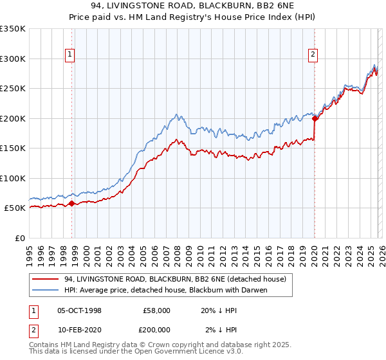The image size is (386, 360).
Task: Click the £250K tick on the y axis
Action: [13, 88]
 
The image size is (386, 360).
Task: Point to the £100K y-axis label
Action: [13, 178]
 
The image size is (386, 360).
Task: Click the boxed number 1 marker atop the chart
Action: [69, 55]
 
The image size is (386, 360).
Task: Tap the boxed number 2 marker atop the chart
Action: [313, 55]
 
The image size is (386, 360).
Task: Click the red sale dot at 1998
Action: [71, 204]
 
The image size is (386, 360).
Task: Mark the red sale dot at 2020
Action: [315, 118]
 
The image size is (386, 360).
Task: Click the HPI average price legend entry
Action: [165, 290]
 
